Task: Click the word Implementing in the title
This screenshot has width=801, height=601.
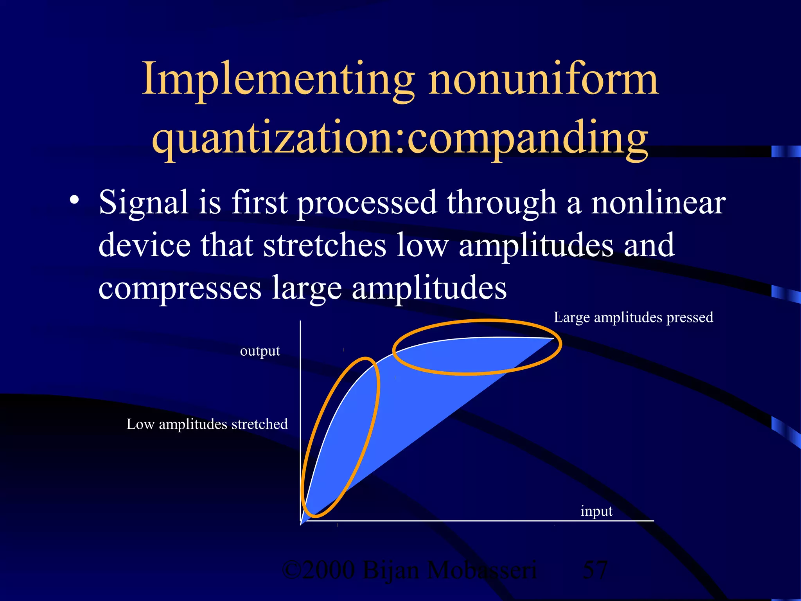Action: coord(278,80)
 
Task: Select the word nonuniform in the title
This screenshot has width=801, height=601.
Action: coord(544,80)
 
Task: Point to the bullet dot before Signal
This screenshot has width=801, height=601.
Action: coord(74,201)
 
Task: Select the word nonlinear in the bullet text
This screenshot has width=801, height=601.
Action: coord(658,203)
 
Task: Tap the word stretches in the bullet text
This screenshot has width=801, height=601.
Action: coord(324,245)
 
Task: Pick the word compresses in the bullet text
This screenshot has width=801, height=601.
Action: coord(180,288)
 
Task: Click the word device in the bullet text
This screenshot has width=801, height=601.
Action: coord(144,245)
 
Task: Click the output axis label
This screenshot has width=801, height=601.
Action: coord(260,351)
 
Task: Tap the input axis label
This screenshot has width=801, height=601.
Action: coord(596,511)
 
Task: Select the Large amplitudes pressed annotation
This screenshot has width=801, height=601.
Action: coord(633,317)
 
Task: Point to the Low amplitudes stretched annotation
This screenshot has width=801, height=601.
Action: coord(207,424)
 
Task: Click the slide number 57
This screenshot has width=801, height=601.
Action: coord(595,570)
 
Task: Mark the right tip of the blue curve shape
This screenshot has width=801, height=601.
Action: coord(553,338)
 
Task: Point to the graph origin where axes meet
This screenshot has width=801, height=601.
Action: coord(301,521)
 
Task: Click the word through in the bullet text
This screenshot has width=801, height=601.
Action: coord(502,203)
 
